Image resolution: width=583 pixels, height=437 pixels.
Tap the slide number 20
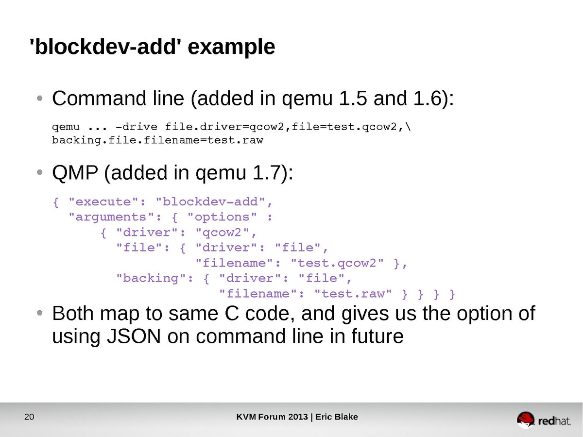pos(29,417)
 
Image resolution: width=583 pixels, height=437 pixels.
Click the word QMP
pos(75,173)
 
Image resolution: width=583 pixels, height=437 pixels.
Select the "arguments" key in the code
pos(116,217)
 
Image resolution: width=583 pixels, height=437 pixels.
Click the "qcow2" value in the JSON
pos(223,232)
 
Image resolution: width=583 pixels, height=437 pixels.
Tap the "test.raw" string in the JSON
pos(354,293)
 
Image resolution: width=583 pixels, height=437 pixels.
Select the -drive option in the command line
pos(136,127)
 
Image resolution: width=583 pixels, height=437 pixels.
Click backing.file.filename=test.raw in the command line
pos(157,141)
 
